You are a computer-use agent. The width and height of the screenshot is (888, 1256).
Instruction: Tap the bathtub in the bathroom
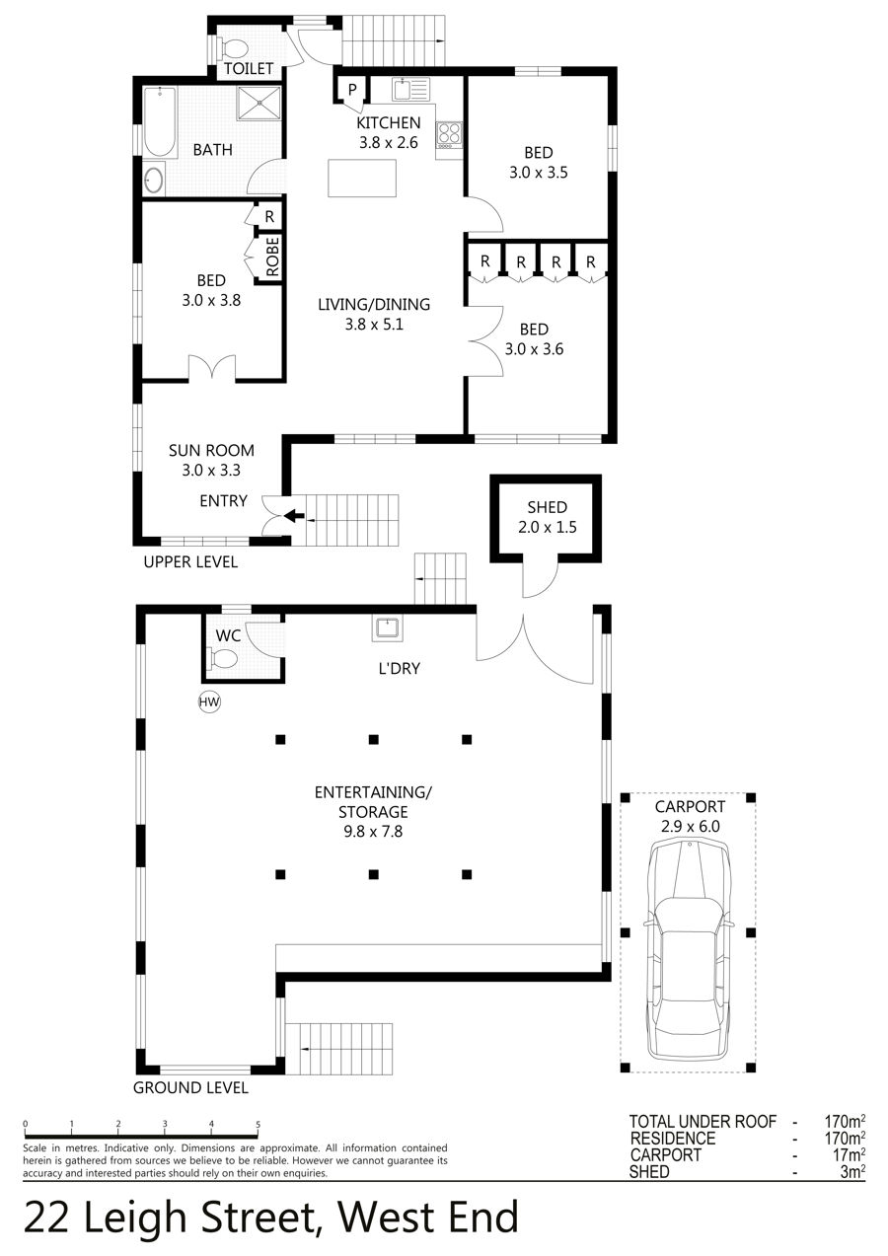pos(160,121)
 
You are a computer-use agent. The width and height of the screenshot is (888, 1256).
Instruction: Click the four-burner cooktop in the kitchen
pos(449,133)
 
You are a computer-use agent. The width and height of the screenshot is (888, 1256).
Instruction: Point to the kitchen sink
pos(410,89)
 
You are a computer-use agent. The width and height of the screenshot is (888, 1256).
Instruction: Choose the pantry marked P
pos(352,89)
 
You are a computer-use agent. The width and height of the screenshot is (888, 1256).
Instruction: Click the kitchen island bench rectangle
pos(362,179)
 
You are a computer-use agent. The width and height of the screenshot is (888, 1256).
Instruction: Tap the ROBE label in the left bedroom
pos(272,257)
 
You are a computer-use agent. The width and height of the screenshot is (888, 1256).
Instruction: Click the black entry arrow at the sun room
pos(294,515)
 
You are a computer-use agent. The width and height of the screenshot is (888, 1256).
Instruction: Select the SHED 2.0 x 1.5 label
pos(548,517)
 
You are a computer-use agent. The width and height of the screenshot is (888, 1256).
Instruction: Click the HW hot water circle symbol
pos(209,702)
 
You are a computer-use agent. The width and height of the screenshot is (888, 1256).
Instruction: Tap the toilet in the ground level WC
pos(223,658)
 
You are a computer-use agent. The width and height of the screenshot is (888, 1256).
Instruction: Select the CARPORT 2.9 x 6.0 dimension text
pos(690,816)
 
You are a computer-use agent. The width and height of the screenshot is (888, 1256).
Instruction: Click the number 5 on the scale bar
pos(258,1124)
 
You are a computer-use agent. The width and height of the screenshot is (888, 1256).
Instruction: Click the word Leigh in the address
pos(134,1217)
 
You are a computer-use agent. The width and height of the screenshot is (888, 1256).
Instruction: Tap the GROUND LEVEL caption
pos(190,1088)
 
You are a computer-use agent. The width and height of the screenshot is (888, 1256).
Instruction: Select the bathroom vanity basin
pos(154,180)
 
